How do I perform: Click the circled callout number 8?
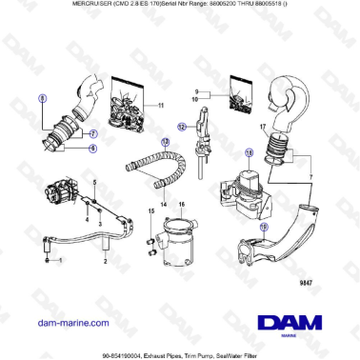click(x=41, y=98)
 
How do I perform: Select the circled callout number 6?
click(x=92, y=149)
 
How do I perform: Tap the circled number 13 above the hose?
click(x=165, y=141)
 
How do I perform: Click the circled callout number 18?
click(x=250, y=152)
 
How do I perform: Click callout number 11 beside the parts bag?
click(x=161, y=104)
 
